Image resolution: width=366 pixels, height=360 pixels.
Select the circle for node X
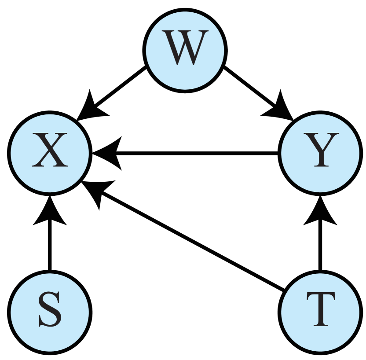click(50, 153)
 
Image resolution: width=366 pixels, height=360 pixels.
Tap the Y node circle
click(320, 153)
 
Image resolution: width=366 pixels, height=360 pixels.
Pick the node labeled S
click(50, 312)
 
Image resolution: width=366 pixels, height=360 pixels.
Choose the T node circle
click(320, 312)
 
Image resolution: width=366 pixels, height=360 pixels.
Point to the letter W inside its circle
click(185, 48)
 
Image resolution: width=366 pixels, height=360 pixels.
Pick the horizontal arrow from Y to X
click(185, 153)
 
